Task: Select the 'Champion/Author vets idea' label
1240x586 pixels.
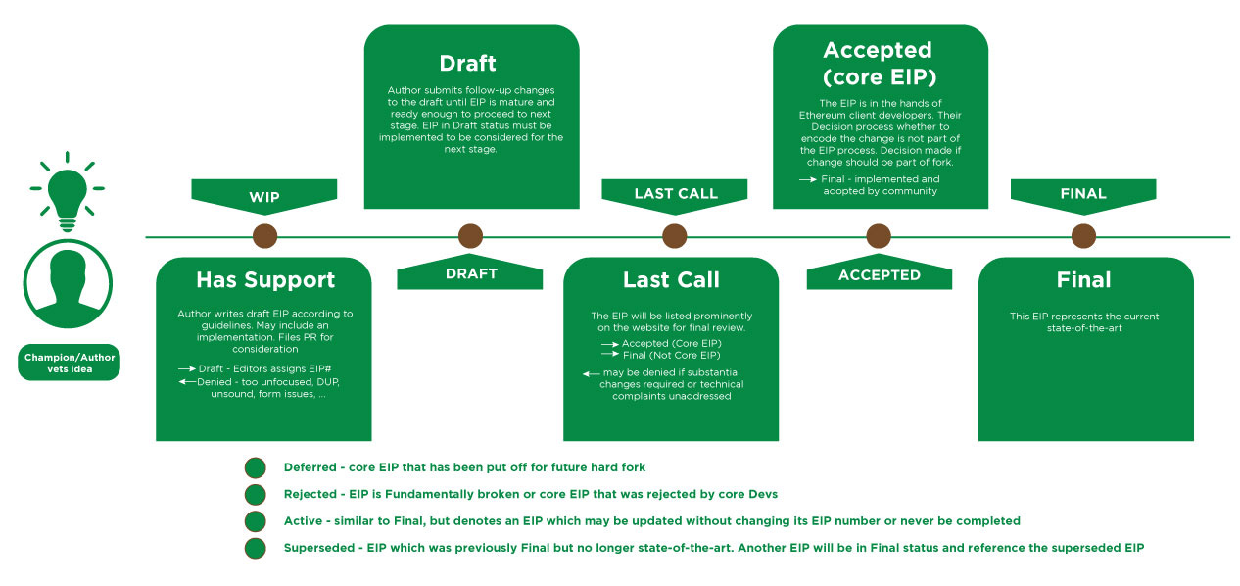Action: (x=69, y=363)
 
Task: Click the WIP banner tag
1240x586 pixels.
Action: (x=264, y=196)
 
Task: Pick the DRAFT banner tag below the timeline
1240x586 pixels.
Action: (x=470, y=274)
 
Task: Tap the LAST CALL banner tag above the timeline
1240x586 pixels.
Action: (x=675, y=193)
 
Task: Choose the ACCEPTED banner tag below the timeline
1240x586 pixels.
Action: (x=879, y=275)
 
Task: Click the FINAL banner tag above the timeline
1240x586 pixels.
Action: (x=1083, y=193)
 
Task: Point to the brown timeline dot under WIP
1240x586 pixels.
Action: (x=264, y=236)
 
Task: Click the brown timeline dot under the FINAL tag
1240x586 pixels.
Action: (x=1083, y=236)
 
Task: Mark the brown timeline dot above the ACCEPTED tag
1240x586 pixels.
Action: (x=879, y=236)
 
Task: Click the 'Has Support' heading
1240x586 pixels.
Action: (x=265, y=280)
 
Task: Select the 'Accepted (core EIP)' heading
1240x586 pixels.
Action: (x=878, y=63)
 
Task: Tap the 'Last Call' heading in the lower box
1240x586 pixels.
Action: (x=672, y=280)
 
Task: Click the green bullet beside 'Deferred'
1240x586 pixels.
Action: (x=256, y=467)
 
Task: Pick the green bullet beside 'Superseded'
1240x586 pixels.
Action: (x=256, y=548)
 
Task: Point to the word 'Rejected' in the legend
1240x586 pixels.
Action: (x=309, y=494)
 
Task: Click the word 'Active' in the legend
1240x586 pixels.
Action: (x=302, y=520)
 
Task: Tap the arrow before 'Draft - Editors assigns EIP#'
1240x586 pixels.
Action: (x=186, y=367)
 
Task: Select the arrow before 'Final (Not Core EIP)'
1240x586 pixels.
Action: (x=609, y=355)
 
